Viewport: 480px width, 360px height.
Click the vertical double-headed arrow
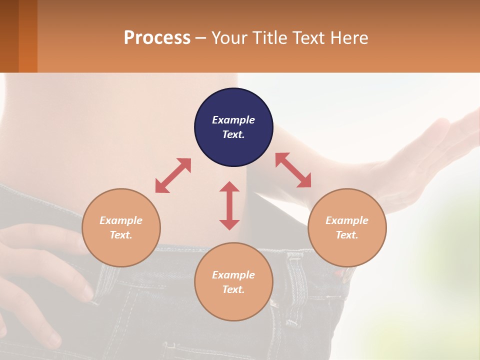point(229,205)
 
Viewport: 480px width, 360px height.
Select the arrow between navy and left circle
point(173,175)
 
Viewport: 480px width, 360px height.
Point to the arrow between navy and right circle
point(293,170)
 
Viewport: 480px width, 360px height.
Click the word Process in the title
point(157,37)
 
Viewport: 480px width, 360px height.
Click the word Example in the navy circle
point(233,120)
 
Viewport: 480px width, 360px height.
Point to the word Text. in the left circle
point(121,235)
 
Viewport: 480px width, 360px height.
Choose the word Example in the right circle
point(347,220)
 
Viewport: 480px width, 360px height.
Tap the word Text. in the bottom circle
point(233,289)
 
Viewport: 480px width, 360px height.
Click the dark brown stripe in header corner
point(9,36)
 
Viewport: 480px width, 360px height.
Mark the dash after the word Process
point(200,38)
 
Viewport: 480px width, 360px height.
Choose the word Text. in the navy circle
point(233,134)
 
